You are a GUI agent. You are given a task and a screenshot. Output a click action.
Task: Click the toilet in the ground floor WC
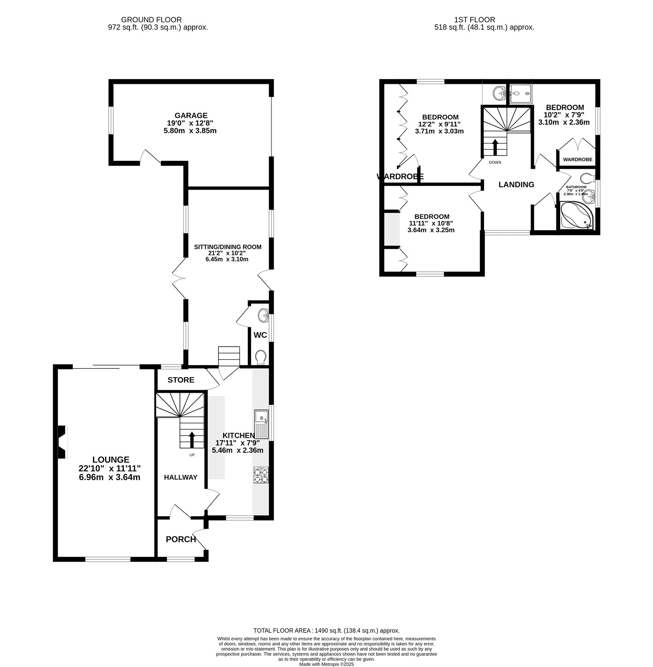(261, 357)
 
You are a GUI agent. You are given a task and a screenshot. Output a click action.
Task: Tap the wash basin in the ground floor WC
(264, 316)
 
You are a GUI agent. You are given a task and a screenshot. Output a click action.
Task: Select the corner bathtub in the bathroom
(577, 216)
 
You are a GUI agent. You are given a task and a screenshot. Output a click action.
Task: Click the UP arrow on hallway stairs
(192, 439)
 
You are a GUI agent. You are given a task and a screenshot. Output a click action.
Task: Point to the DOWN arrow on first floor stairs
(495, 147)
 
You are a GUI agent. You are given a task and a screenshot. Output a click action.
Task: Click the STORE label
(181, 380)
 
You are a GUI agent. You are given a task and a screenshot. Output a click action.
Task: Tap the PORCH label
(181, 539)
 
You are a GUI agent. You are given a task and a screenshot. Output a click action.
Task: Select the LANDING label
(516, 185)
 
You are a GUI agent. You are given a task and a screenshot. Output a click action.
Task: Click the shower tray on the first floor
(521, 94)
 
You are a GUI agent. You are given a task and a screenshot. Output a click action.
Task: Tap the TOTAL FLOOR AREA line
(326, 631)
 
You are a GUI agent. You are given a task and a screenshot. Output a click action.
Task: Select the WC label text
(260, 335)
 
